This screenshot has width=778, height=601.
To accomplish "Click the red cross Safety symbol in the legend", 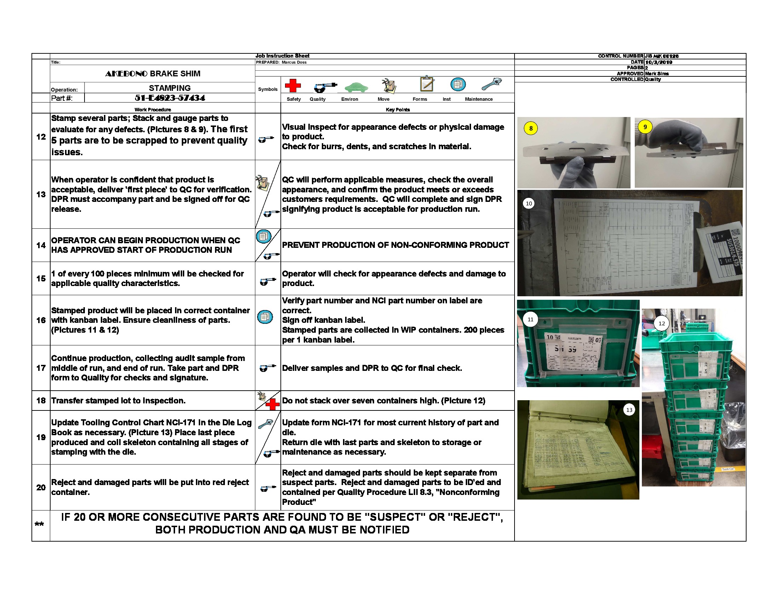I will [292, 86].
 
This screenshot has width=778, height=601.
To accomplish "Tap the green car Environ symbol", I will [356, 87].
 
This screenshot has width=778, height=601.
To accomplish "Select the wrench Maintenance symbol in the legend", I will [492, 84].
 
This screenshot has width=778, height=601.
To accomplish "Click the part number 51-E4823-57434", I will [169, 98].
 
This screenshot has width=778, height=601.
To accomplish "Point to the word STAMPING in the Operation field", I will [169, 88].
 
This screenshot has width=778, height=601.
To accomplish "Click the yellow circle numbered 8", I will [531, 128].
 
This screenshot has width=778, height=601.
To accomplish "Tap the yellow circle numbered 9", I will [645, 127].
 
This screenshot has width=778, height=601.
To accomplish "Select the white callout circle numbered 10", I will [529, 203].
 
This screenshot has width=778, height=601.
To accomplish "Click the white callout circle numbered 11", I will [530, 319].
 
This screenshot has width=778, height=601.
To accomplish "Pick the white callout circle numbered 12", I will [662, 323].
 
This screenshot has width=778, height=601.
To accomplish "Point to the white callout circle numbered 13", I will [629, 410].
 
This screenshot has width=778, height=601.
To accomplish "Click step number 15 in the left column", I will [41, 279].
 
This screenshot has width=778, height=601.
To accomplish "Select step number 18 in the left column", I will [41, 401].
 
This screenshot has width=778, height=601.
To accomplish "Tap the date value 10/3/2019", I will [659, 62].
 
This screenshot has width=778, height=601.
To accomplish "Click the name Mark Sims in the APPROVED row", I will [657, 74].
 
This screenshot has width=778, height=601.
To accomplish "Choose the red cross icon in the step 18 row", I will [273, 404].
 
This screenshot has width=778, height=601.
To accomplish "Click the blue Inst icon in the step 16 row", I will [265, 317].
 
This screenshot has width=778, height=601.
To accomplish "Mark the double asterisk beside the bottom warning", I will [39, 524].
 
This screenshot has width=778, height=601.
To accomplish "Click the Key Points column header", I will [397, 110].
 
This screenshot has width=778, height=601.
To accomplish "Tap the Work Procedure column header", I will [152, 110].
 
